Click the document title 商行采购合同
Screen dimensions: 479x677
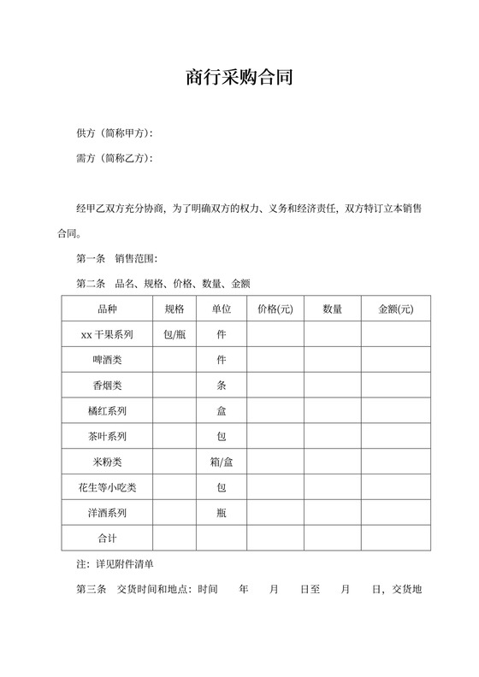point(239,79)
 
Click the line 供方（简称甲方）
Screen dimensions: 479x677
point(114,133)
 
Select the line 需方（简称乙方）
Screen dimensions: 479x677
point(114,158)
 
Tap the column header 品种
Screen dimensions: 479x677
point(108,309)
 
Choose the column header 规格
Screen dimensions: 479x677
point(174,309)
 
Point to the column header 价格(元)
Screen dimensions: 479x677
point(275,309)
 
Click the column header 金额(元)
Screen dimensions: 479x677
point(395,309)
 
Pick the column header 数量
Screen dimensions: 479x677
point(332,309)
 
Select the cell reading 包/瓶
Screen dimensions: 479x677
point(174,334)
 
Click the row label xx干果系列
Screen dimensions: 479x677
point(108,334)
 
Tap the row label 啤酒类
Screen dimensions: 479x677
point(108,360)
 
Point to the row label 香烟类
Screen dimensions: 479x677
point(108,386)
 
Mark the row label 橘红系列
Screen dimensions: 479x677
point(108,411)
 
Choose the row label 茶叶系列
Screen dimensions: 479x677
point(108,437)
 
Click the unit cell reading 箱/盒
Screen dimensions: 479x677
point(222,462)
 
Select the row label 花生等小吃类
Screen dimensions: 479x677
point(108,487)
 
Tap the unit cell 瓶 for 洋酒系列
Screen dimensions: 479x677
point(222,513)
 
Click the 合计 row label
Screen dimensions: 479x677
point(108,539)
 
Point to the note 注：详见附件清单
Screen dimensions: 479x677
point(115,564)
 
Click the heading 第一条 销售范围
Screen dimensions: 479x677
point(116,258)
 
